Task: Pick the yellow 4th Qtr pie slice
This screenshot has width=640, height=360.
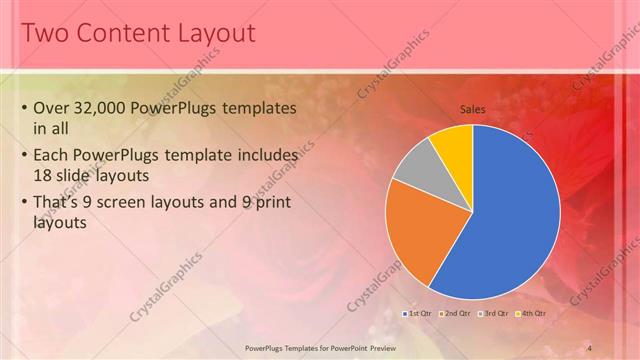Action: point(454,145)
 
